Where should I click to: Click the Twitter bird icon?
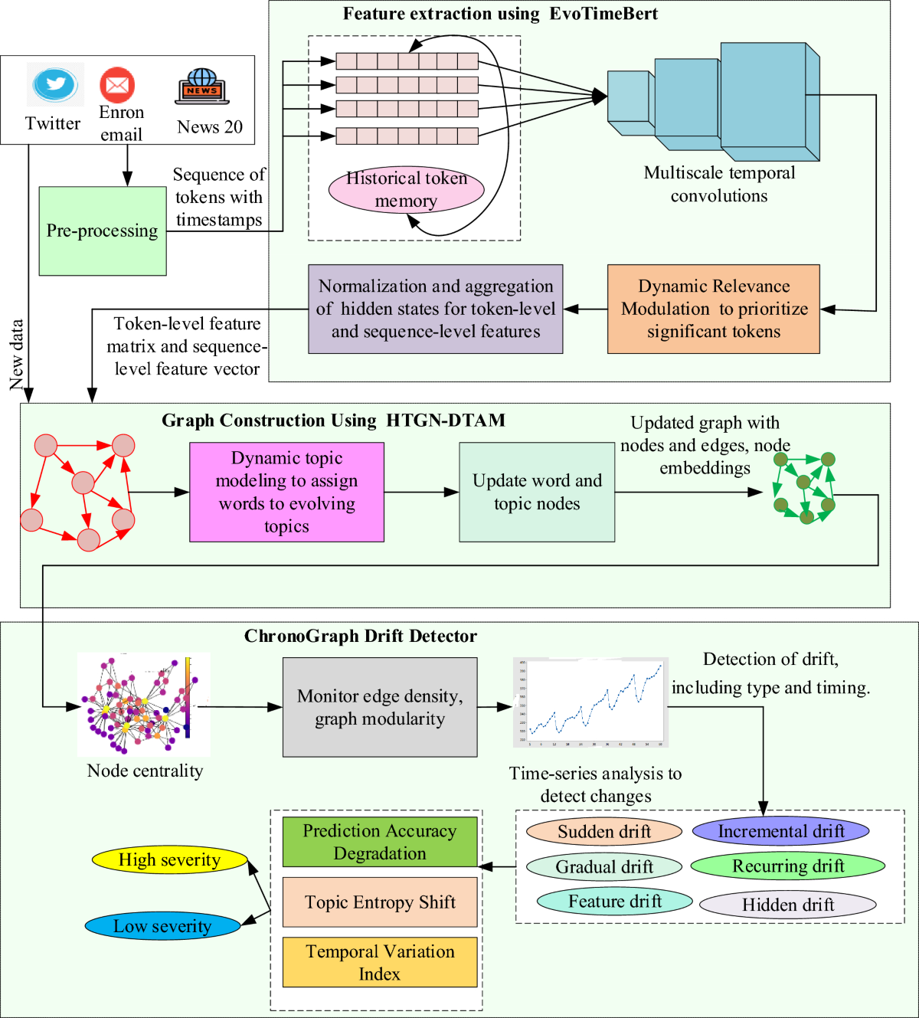pyautogui.click(x=55, y=85)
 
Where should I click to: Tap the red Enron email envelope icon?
pyautogui.click(x=117, y=85)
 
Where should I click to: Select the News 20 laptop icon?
pyautogui.click(x=202, y=87)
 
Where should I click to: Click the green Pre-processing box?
pyautogui.click(x=103, y=231)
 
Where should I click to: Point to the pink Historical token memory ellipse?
pyautogui.click(x=406, y=190)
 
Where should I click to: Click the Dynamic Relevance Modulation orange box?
pyautogui.click(x=713, y=309)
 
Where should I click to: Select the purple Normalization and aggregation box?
pyautogui.click(x=435, y=309)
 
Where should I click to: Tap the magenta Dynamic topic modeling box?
pyautogui.click(x=286, y=493)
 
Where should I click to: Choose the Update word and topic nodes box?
pyautogui.click(x=537, y=493)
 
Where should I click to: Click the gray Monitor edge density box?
pyautogui.click(x=380, y=707)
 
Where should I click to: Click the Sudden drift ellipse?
pyautogui.click(x=604, y=832)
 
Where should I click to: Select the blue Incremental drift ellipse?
pyautogui.click(x=780, y=831)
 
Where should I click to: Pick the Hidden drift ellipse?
pyautogui.click(x=787, y=905)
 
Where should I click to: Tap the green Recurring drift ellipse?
pyautogui.click(x=787, y=866)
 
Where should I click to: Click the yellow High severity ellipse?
pyautogui.click(x=169, y=860)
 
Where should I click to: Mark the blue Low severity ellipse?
pyautogui.click(x=162, y=926)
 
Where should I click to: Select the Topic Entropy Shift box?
pyautogui.click(x=380, y=902)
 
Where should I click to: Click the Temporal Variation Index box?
pyautogui.click(x=380, y=962)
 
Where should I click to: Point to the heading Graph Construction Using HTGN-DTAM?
pyautogui.click(x=333, y=421)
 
